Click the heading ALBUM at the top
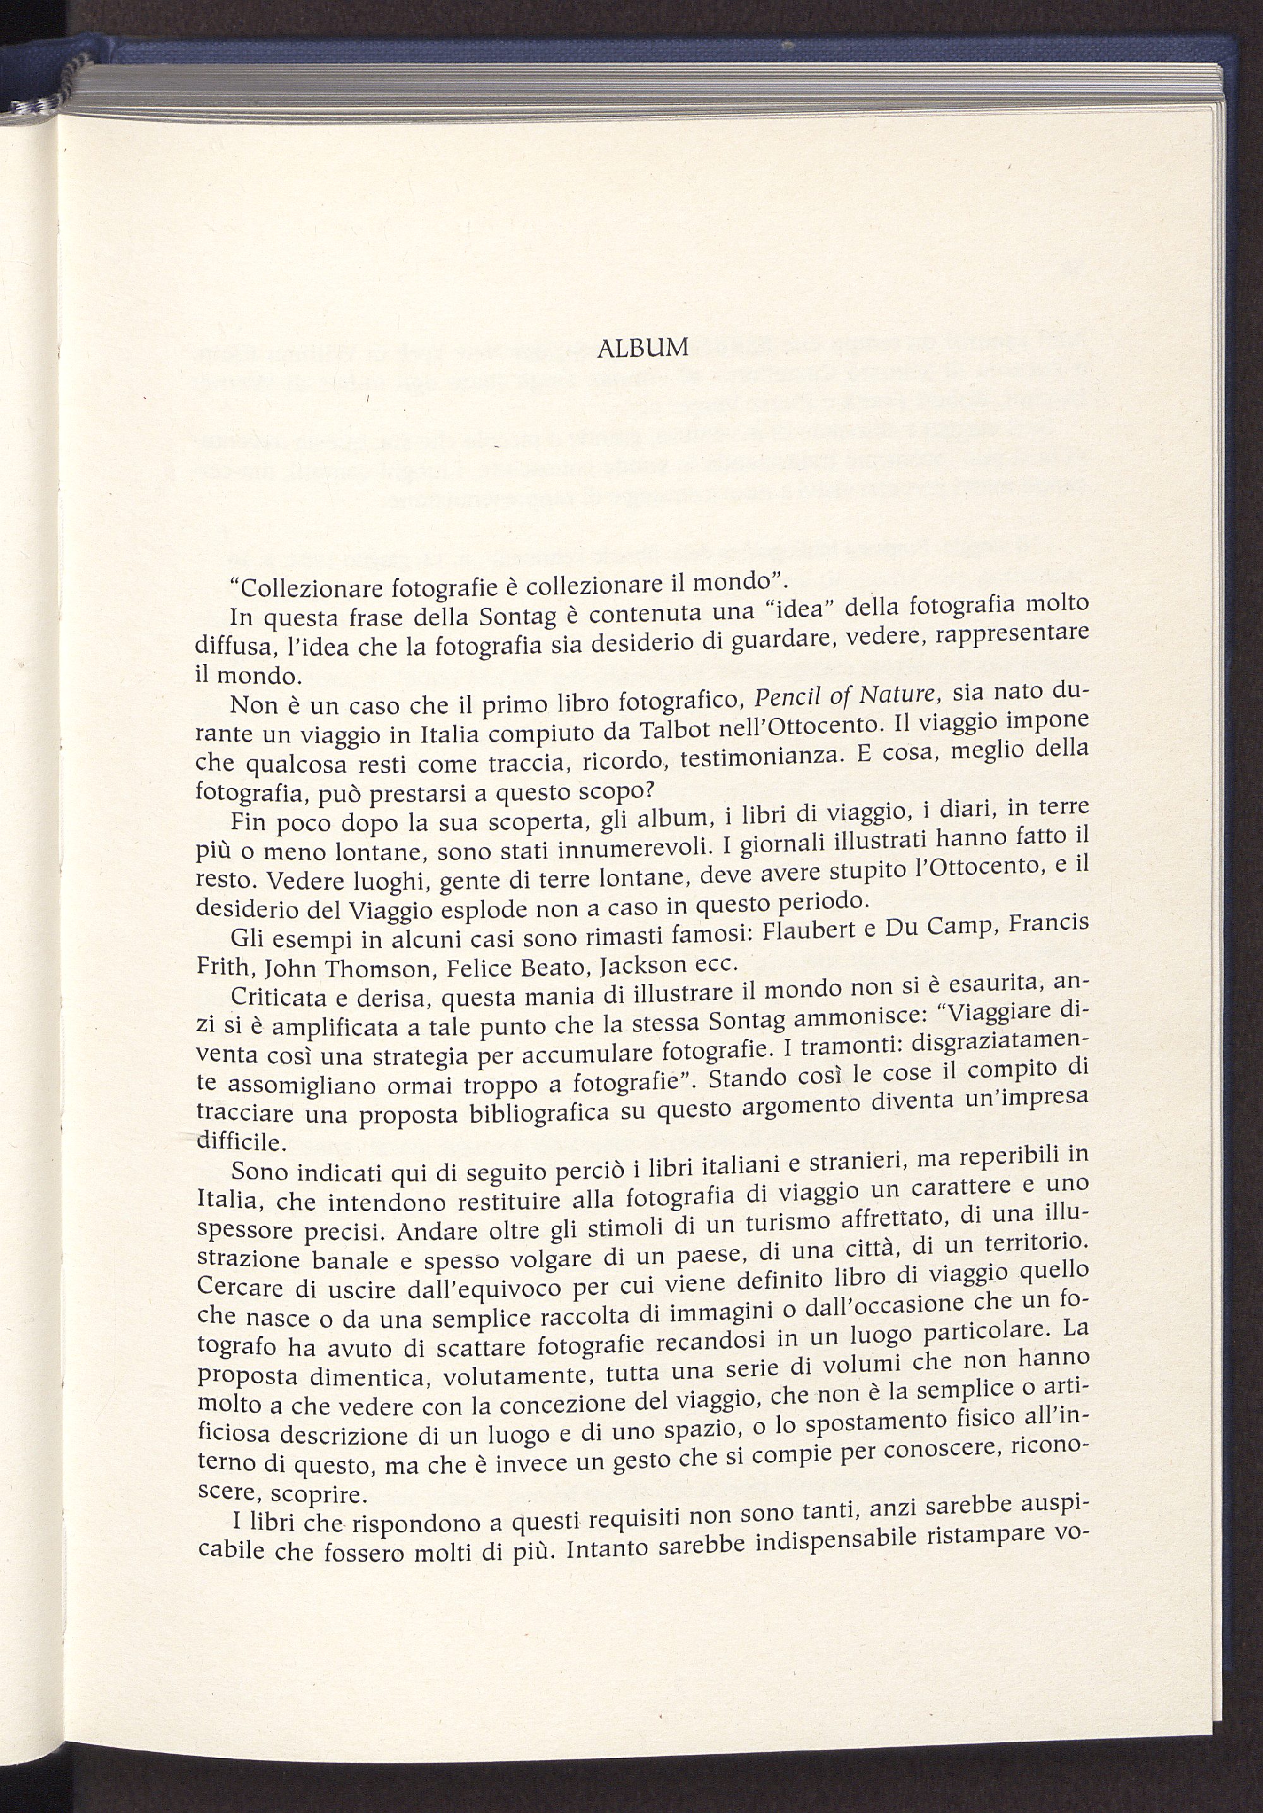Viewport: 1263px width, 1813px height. (x=643, y=347)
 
